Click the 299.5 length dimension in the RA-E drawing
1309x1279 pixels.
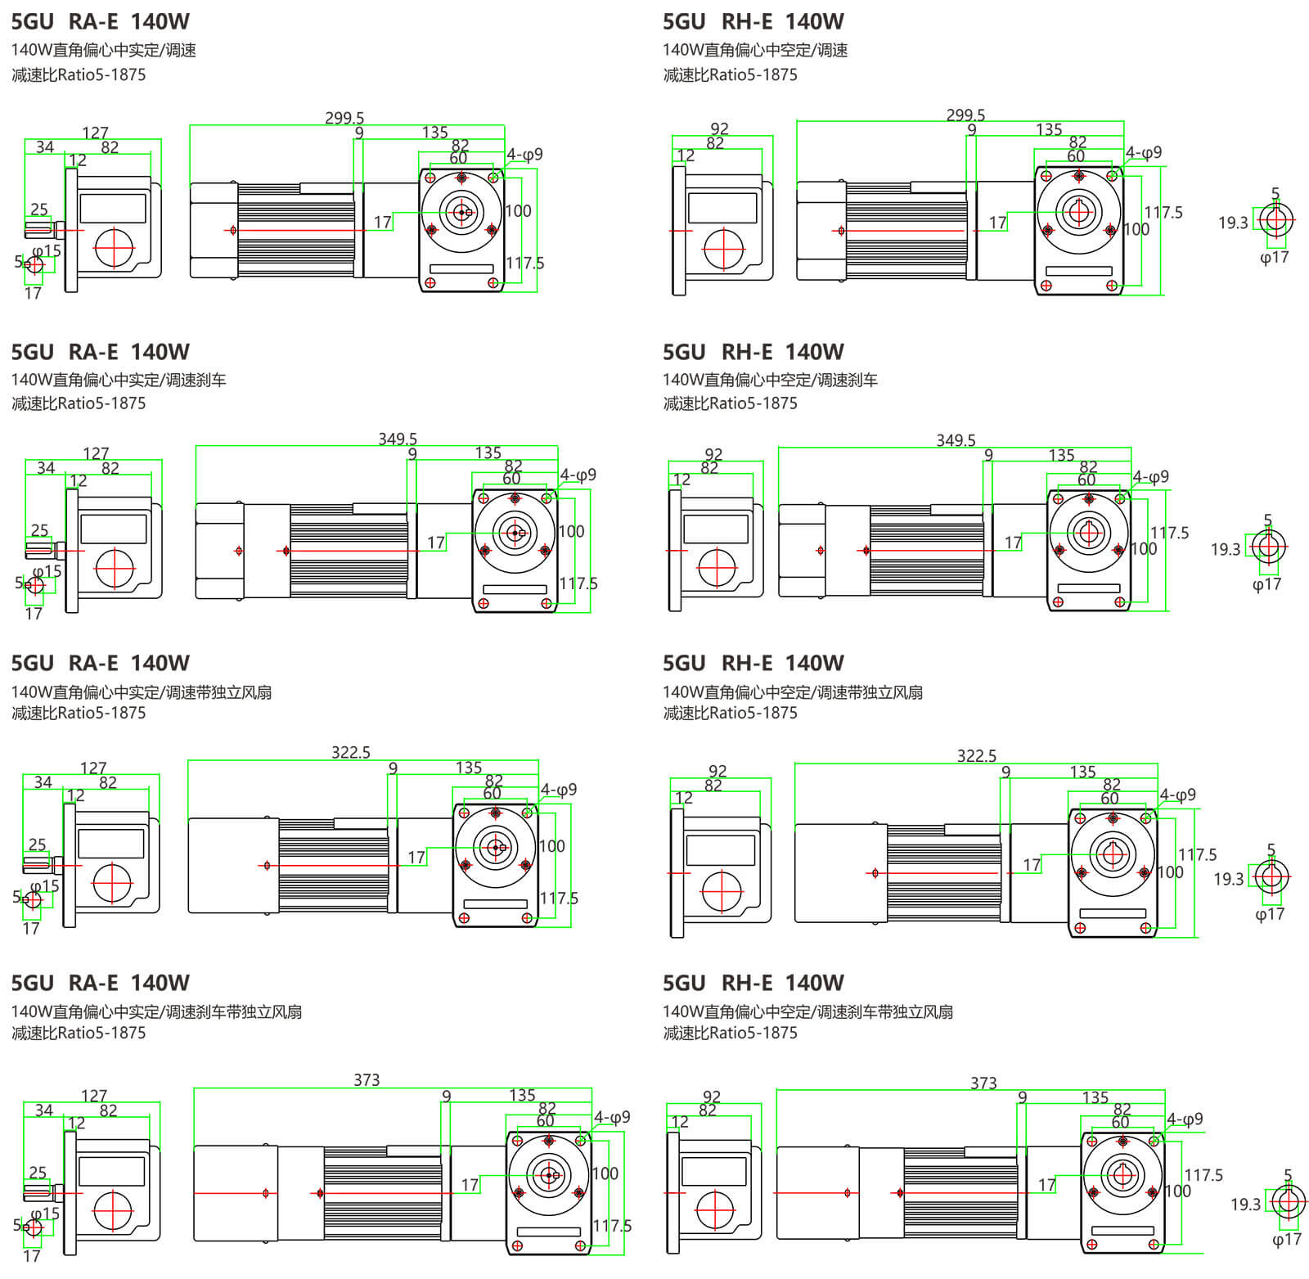click(344, 119)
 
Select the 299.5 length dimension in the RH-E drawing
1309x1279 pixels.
click(965, 115)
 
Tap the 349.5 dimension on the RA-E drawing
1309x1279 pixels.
click(398, 439)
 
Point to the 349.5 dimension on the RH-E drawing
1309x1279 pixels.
click(956, 441)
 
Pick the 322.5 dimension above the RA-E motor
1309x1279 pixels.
click(351, 753)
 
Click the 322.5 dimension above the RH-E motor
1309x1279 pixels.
click(977, 756)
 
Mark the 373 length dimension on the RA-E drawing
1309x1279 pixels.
click(367, 1080)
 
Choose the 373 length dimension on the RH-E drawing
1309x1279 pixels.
click(983, 1083)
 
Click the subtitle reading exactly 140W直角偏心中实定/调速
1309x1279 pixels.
click(104, 51)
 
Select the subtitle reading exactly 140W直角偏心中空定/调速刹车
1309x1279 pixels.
click(770, 380)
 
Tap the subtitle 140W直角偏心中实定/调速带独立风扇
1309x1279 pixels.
click(142, 692)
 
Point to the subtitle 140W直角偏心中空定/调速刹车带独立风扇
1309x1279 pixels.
click(807, 1012)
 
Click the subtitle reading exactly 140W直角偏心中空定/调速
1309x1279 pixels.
click(755, 51)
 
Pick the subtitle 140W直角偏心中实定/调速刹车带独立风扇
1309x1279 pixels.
click(156, 1012)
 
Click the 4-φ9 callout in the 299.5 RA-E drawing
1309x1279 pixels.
click(524, 155)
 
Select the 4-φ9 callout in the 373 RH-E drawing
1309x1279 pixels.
click(1185, 1119)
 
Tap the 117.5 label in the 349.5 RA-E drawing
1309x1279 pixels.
click(578, 583)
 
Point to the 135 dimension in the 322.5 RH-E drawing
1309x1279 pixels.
click(1082, 772)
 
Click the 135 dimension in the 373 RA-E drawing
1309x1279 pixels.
click(522, 1095)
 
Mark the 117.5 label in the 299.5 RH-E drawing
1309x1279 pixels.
click(1163, 213)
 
